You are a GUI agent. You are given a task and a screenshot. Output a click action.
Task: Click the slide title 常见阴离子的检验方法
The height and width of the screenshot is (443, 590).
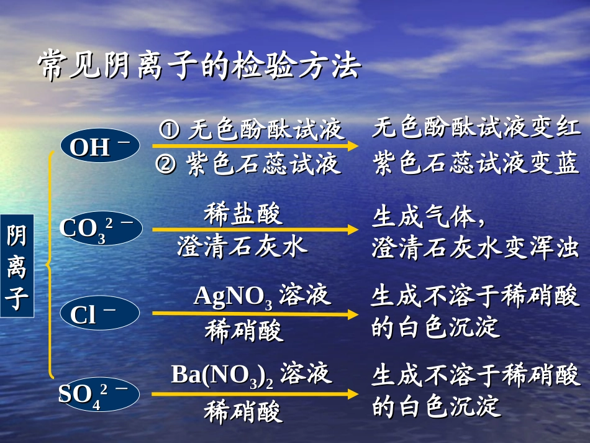(199, 65)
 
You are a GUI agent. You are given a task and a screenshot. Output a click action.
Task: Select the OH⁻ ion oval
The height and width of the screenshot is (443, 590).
(100, 147)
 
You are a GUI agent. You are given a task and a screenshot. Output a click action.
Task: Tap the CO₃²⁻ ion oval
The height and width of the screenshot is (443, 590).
(101, 229)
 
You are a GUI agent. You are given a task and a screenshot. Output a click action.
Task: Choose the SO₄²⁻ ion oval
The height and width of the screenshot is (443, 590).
(99, 395)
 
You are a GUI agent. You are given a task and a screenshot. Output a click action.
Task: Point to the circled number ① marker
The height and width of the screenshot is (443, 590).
(170, 130)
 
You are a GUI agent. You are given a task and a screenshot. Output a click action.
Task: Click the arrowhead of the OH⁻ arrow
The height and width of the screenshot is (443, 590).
(353, 146)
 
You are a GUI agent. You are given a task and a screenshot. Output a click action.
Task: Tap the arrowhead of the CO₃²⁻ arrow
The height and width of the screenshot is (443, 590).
(353, 229)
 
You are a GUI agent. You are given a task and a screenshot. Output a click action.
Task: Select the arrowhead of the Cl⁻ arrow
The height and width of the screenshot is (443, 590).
(353, 313)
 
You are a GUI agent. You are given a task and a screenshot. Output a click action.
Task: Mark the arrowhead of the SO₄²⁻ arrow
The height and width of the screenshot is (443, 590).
(353, 394)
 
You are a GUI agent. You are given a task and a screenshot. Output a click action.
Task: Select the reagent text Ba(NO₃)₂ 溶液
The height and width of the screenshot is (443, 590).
(251, 375)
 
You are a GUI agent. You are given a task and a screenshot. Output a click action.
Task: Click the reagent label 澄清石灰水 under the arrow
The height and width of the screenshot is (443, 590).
(242, 246)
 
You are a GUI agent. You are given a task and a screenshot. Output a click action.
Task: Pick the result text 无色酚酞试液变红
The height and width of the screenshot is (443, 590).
(476, 129)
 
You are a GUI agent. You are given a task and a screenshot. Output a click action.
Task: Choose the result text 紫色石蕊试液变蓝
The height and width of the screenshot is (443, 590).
(476, 164)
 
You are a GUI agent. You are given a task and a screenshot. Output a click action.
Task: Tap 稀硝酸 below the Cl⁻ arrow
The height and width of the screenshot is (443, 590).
(243, 330)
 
